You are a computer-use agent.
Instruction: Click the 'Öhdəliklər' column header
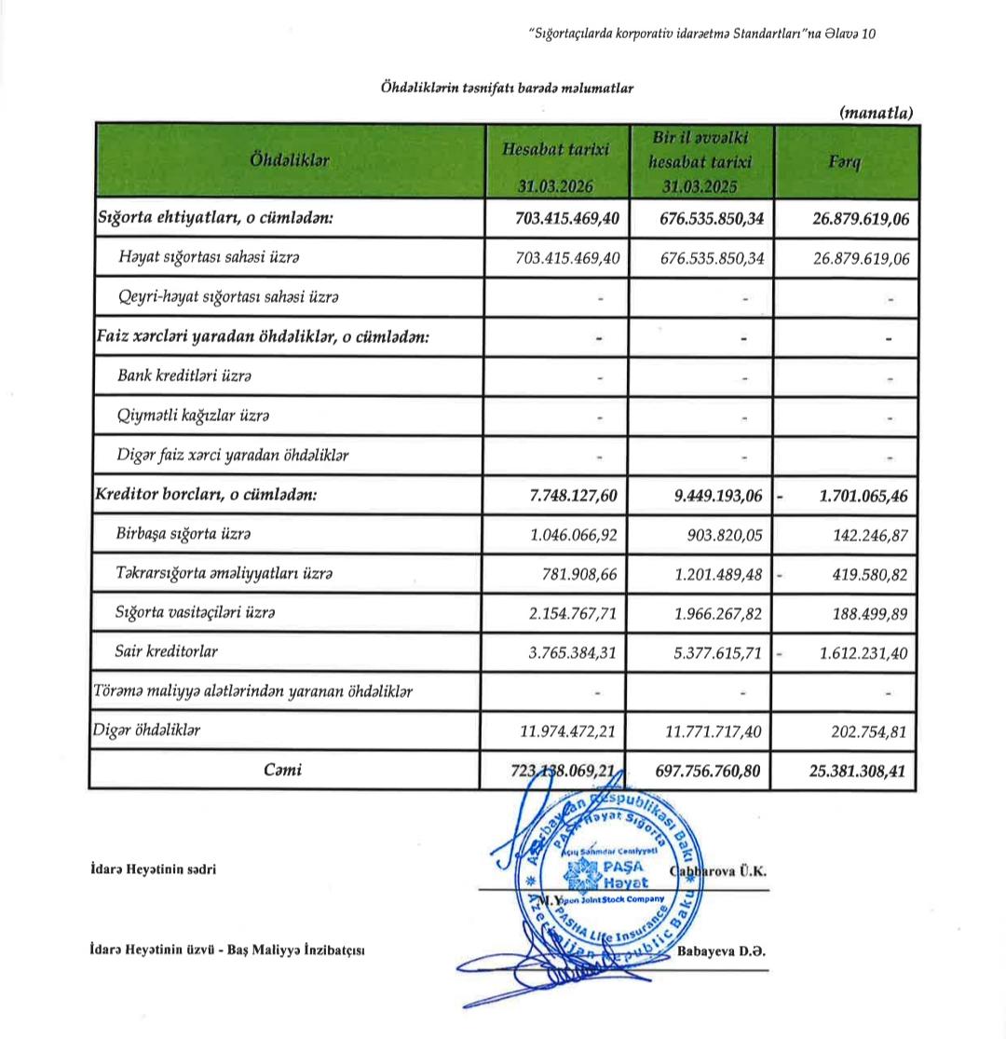(290, 160)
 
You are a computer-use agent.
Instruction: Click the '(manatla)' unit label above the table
(876, 113)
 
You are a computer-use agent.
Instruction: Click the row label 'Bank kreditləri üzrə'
(184, 376)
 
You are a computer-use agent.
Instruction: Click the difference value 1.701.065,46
(863, 496)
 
